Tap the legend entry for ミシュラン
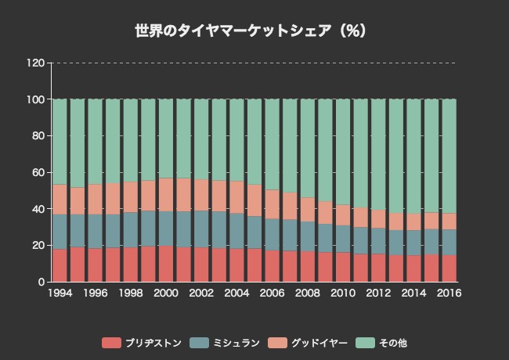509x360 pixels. (221, 343)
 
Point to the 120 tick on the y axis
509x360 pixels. (34, 63)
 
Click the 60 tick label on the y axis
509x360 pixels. (38, 172)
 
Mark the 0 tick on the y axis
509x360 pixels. (41, 282)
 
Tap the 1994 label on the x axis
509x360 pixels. (60, 293)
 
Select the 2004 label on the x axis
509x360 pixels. (236, 293)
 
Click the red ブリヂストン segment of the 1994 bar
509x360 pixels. (60, 265)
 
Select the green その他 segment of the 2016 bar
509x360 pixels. (449, 157)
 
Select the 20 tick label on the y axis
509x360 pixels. (38, 245)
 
